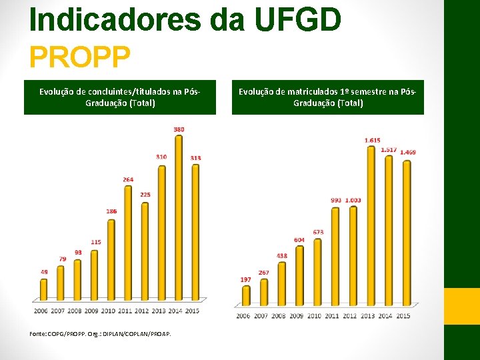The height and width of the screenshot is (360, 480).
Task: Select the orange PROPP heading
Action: pos(79,57)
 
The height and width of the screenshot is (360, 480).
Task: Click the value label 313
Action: pos(195,157)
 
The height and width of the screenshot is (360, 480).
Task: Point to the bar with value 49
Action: pos(44,289)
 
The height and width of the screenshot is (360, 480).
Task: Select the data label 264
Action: pos(128,179)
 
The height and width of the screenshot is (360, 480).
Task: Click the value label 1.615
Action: pos(373,140)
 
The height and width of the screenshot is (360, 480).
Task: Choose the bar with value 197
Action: pos(246,295)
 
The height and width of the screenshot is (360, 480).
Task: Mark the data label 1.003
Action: pos(353,200)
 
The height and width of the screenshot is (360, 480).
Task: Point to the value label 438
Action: pos(282,255)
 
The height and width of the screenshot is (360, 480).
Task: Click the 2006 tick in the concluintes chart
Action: pos(41,311)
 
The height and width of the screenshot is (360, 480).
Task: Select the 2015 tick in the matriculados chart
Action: pos(403,315)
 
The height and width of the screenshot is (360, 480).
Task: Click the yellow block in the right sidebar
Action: pos(462,306)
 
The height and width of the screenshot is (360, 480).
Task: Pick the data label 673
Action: pos(318,232)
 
